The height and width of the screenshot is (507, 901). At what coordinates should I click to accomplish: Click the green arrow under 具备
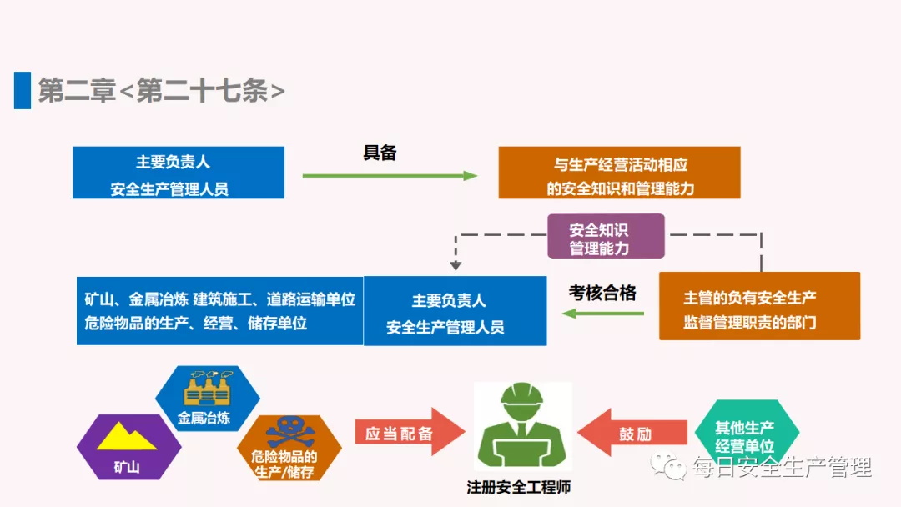click(389, 176)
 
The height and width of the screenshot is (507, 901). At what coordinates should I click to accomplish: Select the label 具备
click(380, 153)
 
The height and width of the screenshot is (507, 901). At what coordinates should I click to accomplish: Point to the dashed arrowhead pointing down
click(455, 266)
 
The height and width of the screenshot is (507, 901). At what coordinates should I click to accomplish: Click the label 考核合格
click(602, 293)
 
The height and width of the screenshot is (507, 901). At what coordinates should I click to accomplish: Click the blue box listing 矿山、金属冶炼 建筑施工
click(219, 310)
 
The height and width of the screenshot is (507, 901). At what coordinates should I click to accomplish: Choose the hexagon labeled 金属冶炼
click(207, 399)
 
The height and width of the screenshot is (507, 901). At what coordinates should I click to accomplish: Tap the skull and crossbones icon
click(287, 431)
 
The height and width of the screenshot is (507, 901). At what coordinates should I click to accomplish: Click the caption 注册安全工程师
click(521, 488)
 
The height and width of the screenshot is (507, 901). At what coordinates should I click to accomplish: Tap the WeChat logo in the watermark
click(669, 468)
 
